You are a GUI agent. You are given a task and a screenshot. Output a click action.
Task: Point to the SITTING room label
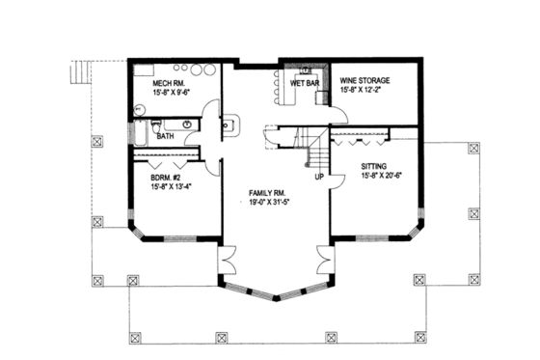379,166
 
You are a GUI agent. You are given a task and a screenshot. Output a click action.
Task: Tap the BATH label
165,137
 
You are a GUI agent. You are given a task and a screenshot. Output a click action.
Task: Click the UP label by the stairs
319,178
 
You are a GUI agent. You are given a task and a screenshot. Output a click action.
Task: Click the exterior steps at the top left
82,72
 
